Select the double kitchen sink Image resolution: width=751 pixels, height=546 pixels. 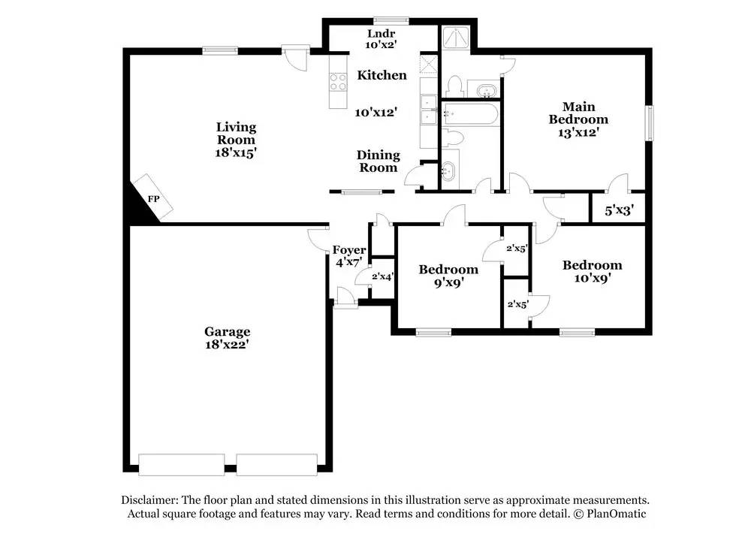tap(430, 109)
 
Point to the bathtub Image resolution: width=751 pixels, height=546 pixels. tap(469, 115)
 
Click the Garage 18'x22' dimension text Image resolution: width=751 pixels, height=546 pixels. tap(227, 345)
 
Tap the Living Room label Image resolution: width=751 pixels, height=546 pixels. tap(236, 133)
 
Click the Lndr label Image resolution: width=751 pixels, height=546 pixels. tap(382, 34)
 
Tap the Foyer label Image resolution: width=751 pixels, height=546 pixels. tap(350, 250)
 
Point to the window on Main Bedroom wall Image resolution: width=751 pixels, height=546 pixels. tap(650, 122)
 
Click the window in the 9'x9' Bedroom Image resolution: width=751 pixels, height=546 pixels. tap(433, 332)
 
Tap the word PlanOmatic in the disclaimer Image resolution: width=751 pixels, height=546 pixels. tap(614, 514)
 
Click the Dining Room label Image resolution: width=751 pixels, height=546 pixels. tap(378, 161)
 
